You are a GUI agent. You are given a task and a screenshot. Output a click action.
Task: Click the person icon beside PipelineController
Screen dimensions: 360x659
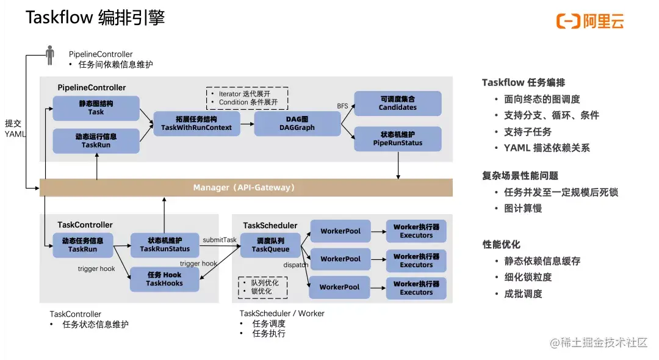click(50, 55)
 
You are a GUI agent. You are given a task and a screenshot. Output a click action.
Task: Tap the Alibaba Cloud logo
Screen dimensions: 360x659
click(590, 21)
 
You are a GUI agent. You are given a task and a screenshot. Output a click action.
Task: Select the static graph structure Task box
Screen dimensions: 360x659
click(96, 108)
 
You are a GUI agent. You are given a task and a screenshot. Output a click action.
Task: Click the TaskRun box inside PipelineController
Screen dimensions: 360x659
click(96, 141)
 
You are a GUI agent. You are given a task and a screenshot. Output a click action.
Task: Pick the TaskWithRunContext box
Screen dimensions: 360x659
click(196, 123)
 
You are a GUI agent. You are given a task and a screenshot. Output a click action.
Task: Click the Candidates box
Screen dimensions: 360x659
click(398, 103)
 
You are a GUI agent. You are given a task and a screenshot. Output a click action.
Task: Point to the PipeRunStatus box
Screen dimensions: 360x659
click(398, 139)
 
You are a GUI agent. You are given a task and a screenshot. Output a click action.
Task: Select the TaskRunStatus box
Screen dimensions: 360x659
click(165, 245)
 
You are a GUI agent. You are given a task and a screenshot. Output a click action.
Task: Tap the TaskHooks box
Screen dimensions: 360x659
click(165, 279)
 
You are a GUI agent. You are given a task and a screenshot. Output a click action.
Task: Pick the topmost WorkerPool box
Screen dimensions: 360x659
click(340, 231)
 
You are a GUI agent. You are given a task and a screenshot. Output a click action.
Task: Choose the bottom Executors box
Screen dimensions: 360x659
click(416, 288)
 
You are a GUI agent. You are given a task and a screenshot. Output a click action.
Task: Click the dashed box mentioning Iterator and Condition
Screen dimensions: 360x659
click(247, 98)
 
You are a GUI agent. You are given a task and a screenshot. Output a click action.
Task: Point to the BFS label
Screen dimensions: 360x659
click(343, 106)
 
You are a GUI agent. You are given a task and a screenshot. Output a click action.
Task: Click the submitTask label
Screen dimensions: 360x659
click(220, 240)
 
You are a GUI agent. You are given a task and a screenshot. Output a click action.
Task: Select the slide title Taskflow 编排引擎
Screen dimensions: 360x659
click(95, 18)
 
